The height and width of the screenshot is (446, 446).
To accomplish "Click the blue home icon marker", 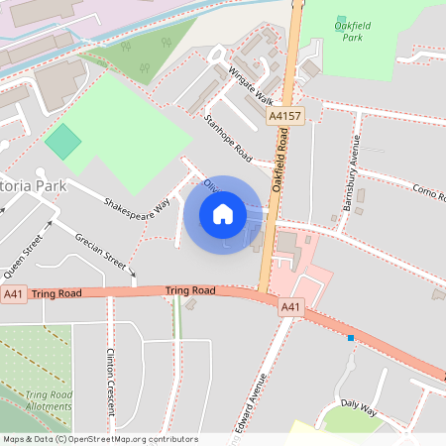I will (x=222, y=214).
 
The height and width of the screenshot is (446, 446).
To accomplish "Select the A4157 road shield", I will (x=283, y=116).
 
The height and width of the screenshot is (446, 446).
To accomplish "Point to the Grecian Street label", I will (x=102, y=252).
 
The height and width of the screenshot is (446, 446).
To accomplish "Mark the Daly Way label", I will (x=359, y=406).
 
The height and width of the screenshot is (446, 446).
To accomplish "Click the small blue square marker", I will (x=351, y=338).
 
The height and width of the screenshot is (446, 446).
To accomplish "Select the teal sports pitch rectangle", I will (x=63, y=141).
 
